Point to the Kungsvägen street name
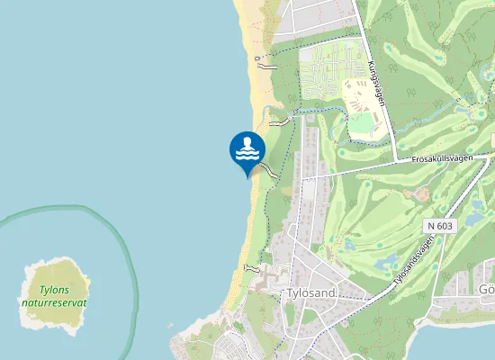pyautogui.click(x=376, y=84)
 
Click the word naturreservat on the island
pyautogui.click(x=55, y=303)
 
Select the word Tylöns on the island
pyautogui.click(x=55, y=290)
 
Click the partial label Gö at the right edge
pyautogui.click(x=486, y=290)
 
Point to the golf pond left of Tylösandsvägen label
pyautogui.click(x=386, y=262)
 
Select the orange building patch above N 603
pyautogui.click(x=419, y=193)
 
